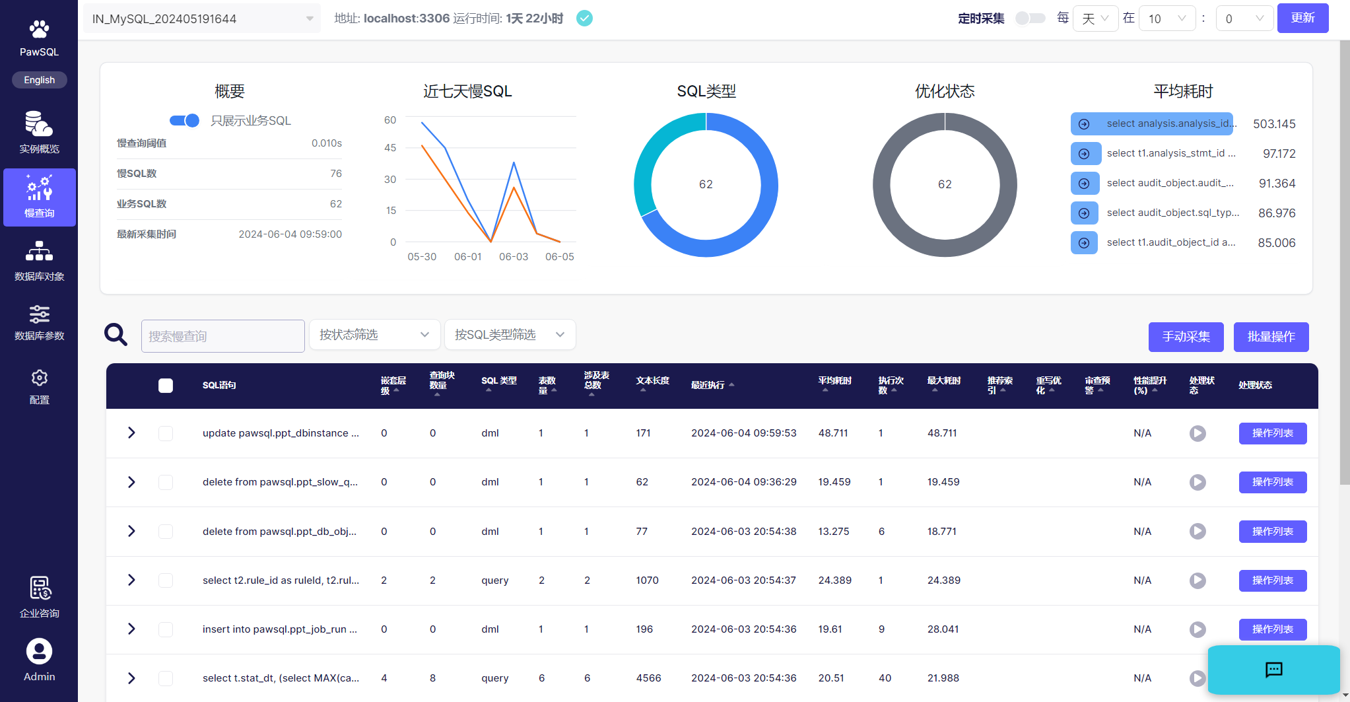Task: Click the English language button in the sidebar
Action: coord(40,80)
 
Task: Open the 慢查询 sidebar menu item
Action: coord(40,197)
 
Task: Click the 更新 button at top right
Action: coord(1302,18)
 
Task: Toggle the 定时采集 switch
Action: coord(1030,18)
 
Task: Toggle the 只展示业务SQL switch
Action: coord(185,120)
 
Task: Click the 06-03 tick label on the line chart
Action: coord(514,257)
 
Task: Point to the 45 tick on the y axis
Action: coord(390,148)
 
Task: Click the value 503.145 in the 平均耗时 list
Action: coord(1274,124)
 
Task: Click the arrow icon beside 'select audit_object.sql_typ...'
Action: coord(1084,213)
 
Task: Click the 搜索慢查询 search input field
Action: coord(223,336)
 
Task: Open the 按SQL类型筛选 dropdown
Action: coord(510,335)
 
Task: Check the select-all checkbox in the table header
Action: coord(166,386)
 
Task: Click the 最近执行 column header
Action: coord(708,386)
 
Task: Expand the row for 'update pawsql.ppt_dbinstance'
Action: coord(131,433)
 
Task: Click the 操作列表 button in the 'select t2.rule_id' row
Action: coord(1272,580)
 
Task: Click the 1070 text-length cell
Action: coord(647,580)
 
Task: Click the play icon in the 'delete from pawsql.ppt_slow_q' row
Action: coord(1198,482)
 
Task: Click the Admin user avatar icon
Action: coord(40,651)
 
